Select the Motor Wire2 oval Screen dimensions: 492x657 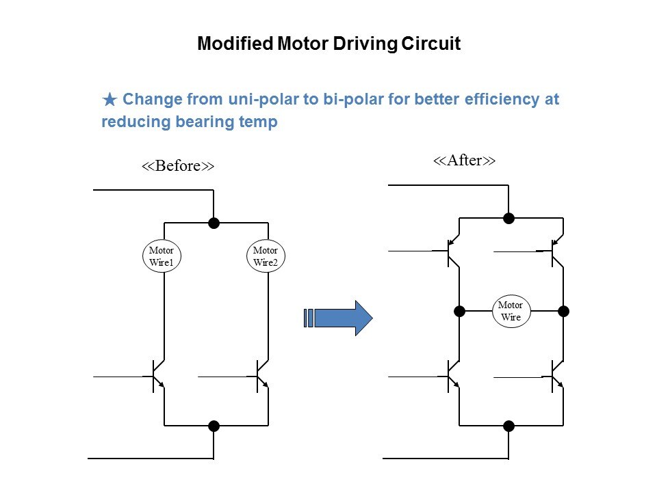265,256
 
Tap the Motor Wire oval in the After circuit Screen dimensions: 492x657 511,312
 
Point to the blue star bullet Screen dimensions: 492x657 109,100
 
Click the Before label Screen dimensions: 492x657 178,166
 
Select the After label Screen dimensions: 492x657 464,161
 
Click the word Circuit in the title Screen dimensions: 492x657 431,44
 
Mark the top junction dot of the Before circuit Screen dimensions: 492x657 214,223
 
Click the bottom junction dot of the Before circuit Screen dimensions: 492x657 214,426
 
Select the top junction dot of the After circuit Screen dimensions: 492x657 508,219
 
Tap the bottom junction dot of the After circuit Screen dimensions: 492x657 508,426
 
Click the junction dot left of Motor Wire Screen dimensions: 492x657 459,312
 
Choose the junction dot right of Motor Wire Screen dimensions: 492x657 563,312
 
